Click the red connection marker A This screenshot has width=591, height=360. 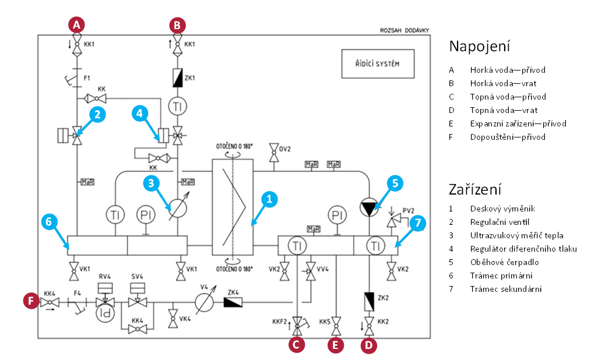(x=76, y=25)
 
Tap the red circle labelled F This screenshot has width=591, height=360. (x=31, y=301)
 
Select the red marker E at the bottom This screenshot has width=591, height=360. (x=336, y=345)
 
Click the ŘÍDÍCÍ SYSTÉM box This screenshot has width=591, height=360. (x=378, y=63)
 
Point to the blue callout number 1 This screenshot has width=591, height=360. (x=269, y=199)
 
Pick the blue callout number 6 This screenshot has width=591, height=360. (x=49, y=222)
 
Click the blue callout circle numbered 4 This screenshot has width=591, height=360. (x=140, y=114)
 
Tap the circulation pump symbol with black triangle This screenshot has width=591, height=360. (x=369, y=207)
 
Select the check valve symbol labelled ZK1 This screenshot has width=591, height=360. (x=178, y=78)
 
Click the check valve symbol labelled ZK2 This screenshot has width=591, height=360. (x=369, y=301)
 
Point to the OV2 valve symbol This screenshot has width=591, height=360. (x=273, y=152)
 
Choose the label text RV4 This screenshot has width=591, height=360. (x=105, y=276)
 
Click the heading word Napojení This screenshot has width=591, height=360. (x=480, y=47)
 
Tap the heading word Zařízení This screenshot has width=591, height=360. (x=475, y=189)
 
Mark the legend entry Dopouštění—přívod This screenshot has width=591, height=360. (x=508, y=137)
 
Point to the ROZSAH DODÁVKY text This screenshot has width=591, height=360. (x=404, y=30)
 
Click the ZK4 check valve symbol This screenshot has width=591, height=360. (x=233, y=302)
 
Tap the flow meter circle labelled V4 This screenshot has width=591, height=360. (x=205, y=302)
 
